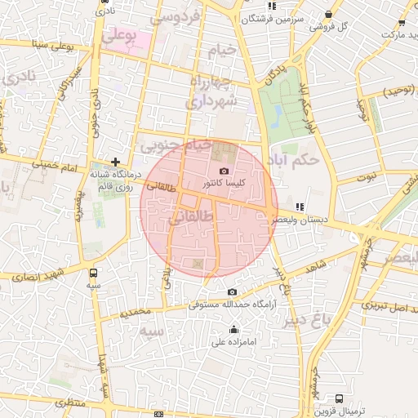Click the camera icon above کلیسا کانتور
click(x=225, y=171)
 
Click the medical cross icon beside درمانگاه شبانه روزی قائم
click(x=116, y=162)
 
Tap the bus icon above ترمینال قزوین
click(x=339, y=399)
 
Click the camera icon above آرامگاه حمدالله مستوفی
click(x=233, y=292)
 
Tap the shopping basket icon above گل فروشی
click(x=328, y=14)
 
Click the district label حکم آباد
click(x=297, y=160)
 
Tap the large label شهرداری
click(x=210, y=101)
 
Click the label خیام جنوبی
click(x=175, y=146)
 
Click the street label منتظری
click(x=69, y=403)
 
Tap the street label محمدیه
click(x=136, y=312)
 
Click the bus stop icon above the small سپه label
click(x=95, y=273)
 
